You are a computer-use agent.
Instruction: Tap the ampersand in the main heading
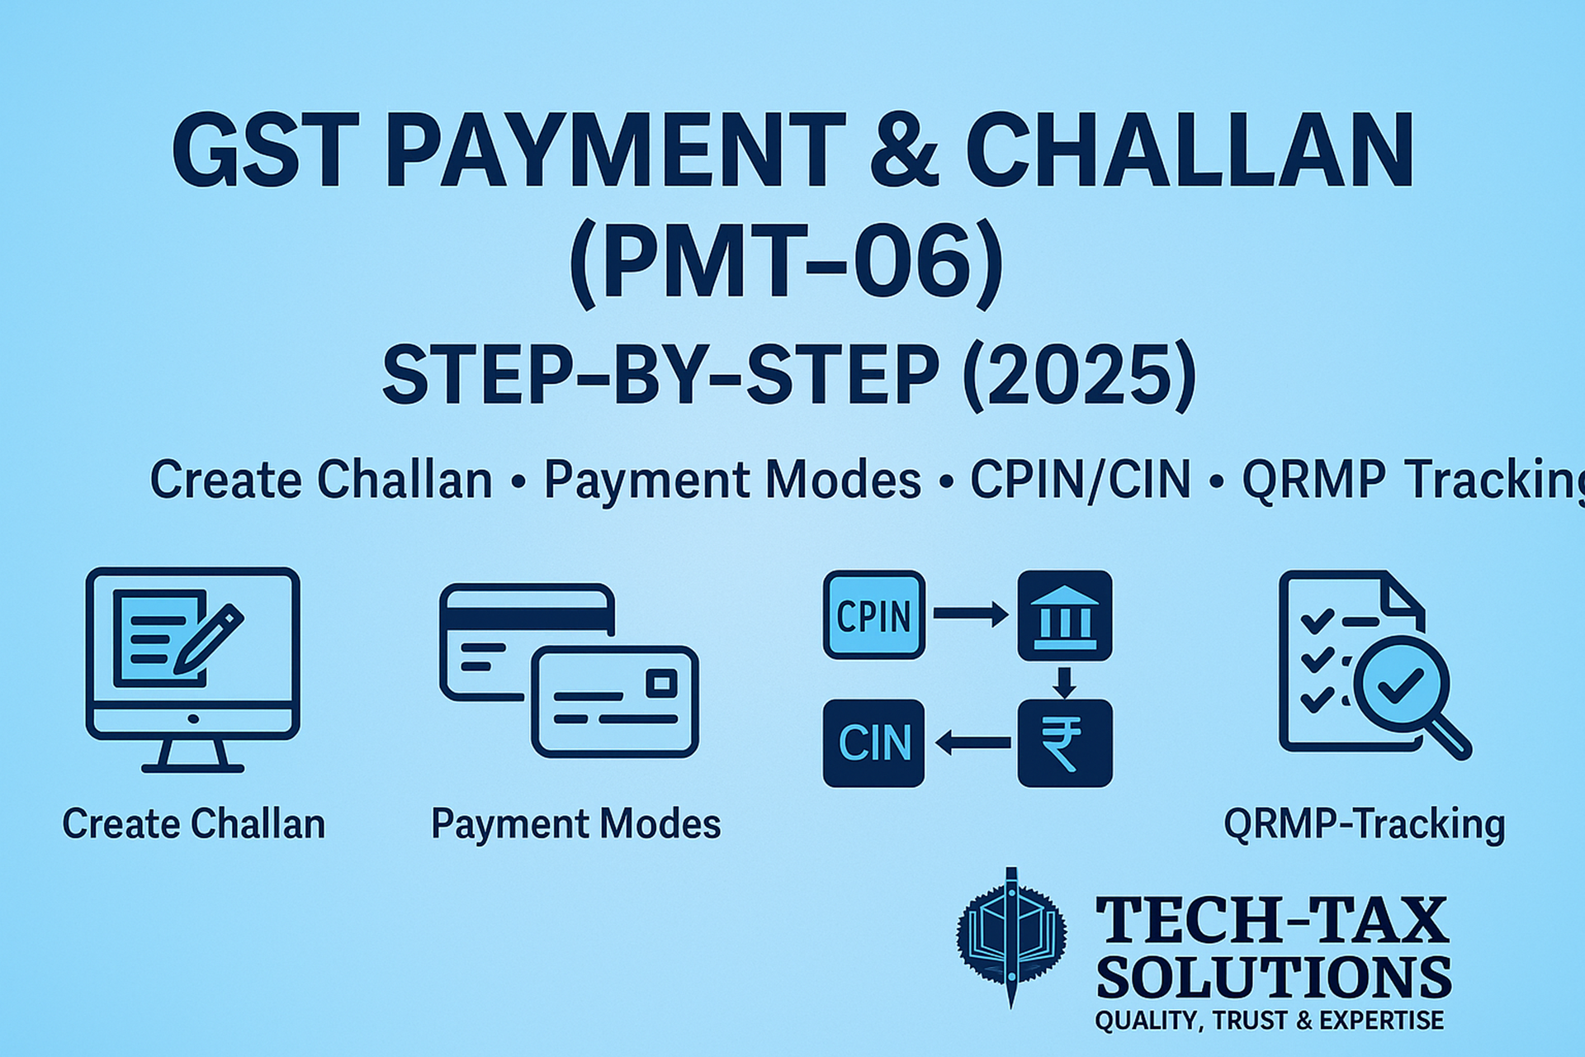coord(904,151)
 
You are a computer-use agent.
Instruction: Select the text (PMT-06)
coord(786,263)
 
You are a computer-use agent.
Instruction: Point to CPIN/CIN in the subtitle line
coord(1080,480)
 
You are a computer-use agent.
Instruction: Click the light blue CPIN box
coord(874,615)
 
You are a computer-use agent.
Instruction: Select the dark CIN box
coord(874,742)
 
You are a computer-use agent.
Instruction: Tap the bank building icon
coord(1064,615)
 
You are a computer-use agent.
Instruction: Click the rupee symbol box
coord(1064,743)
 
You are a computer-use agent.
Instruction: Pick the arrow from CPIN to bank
coord(971,614)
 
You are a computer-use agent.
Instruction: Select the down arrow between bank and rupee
coord(1064,681)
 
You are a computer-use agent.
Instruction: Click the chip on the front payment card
coord(662,683)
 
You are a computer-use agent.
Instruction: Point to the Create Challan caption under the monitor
coord(194,824)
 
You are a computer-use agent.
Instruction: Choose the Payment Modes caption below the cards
coord(576,824)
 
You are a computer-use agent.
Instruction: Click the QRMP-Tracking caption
coord(1365,824)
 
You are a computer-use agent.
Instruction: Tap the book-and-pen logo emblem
coord(1011,937)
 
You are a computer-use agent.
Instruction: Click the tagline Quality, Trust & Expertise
coord(1270,1021)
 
